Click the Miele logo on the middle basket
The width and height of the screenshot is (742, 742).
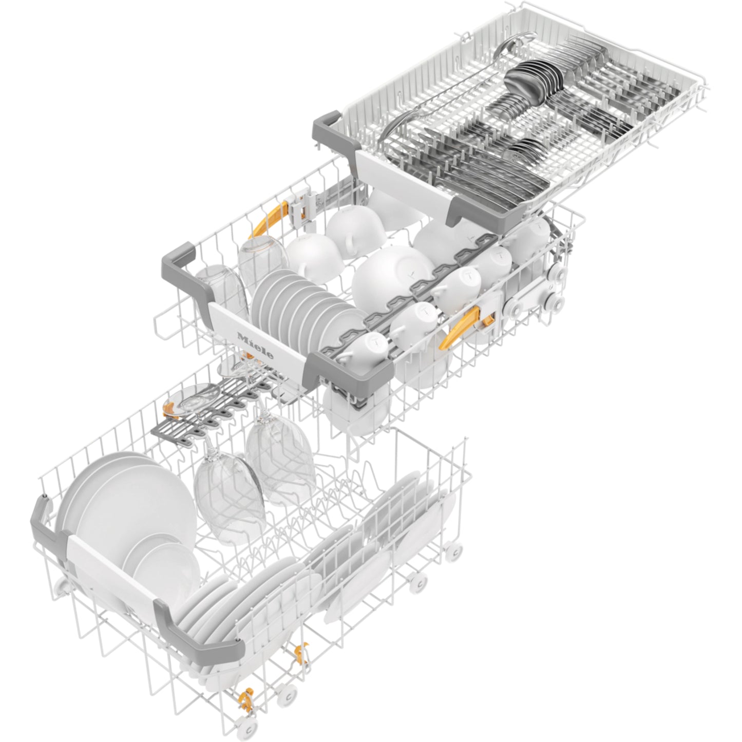click(255, 346)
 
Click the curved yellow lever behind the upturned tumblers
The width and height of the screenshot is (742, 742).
click(270, 219)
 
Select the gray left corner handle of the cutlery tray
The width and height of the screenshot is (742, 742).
click(335, 135)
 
